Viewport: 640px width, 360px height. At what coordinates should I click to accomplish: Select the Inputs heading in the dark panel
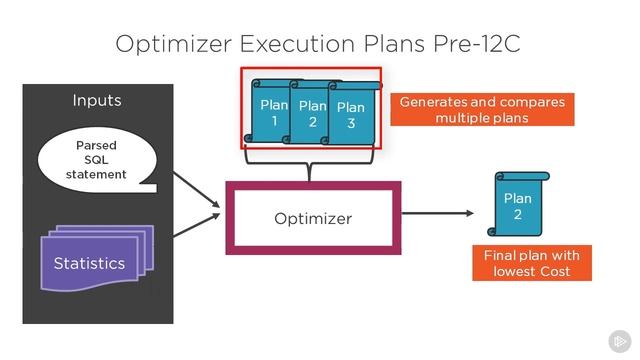click(97, 100)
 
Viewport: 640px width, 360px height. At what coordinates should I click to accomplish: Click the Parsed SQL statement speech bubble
click(97, 160)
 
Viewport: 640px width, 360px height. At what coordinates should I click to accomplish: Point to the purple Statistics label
click(89, 263)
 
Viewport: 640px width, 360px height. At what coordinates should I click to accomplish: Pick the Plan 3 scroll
click(351, 116)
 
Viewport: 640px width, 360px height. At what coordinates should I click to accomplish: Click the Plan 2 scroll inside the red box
click(312, 113)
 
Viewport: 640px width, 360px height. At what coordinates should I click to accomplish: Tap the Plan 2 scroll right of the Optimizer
click(517, 205)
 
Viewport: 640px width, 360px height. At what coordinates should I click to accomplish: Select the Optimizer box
click(313, 218)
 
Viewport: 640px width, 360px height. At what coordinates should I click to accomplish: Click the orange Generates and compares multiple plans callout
click(482, 110)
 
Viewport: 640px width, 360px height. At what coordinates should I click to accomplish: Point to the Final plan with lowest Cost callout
click(531, 263)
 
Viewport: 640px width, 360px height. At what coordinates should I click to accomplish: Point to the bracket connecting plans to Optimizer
click(311, 164)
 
